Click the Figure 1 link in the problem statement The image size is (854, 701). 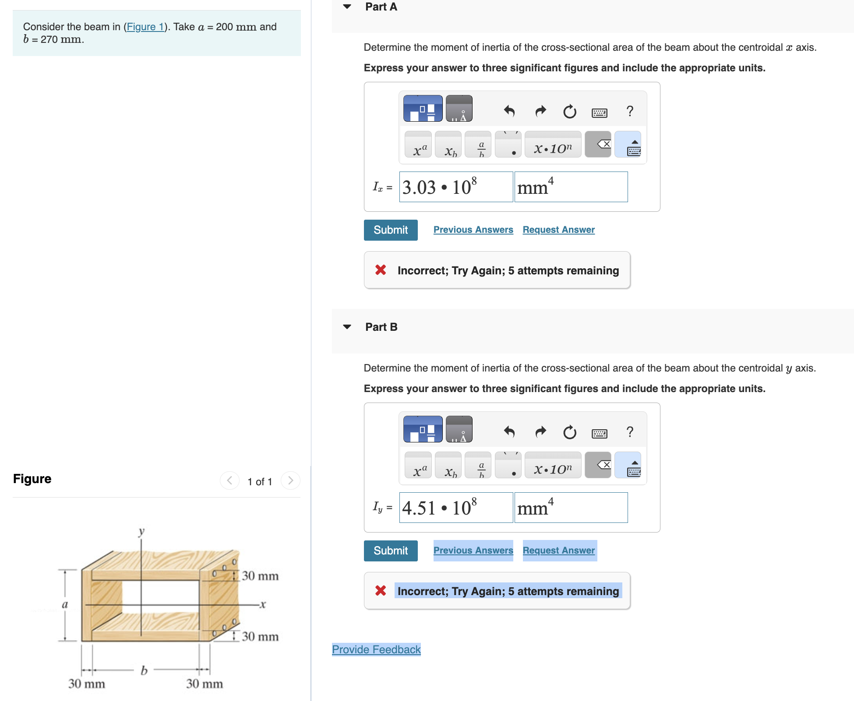(x=145, y=27)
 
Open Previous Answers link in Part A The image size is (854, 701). (x=473, y=230)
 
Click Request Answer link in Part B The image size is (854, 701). (x=558, y=550)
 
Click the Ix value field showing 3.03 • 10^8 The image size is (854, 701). (x=455, y=187)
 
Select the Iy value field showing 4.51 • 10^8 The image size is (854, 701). (x=455, y=508)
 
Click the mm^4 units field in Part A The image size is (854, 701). (x=571, y=187)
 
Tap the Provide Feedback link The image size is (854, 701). (x=376, y=649)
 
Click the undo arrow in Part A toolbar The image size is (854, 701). (x=509, y=111)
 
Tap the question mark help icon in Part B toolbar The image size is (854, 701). (x=630, y=432)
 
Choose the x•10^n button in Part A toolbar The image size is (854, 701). (x=553, y=145)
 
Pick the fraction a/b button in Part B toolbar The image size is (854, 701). (x=481, y=466)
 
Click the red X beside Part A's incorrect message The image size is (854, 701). (x=381, y=270)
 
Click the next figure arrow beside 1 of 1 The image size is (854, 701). (x=290, y=480)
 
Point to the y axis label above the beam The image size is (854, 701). (x=141, y=532)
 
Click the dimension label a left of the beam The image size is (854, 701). (x=65, y=605)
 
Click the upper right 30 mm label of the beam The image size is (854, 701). (x=260, y=576)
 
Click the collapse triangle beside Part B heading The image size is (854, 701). (x=347, y=327)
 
